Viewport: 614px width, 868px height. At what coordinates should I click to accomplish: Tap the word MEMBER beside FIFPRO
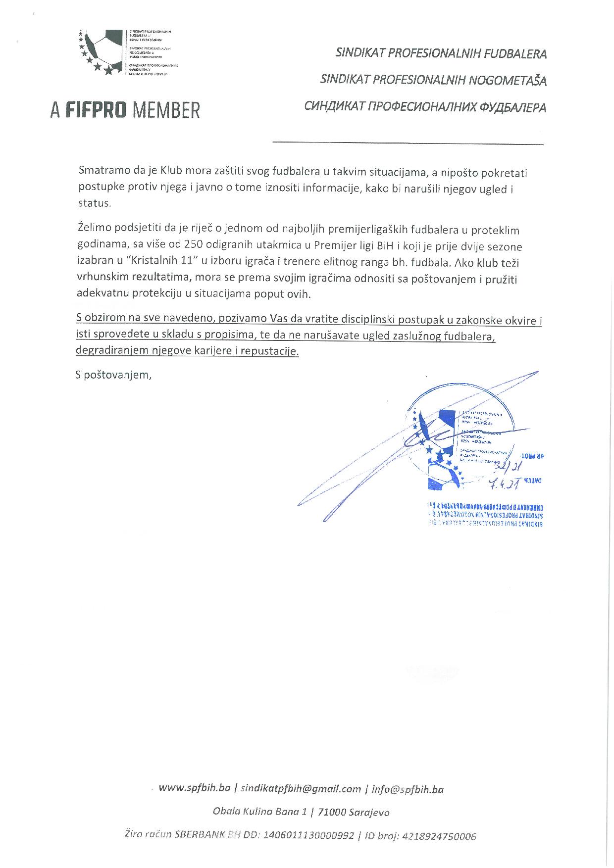[x=166, y=110]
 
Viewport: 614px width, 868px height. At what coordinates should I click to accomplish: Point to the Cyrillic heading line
[x=425, y=107]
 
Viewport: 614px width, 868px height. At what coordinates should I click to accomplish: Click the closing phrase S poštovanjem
[x=113, y=375]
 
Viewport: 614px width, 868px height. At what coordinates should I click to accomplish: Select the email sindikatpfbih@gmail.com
[x=301, y=789]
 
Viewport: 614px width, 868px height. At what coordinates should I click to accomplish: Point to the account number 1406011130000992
[x=309, y=836]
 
